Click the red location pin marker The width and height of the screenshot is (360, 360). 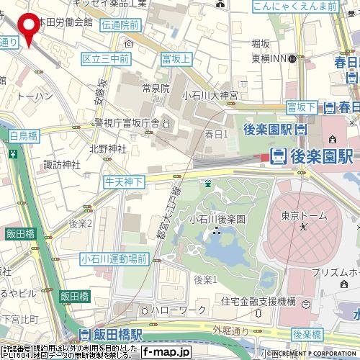(29, 28)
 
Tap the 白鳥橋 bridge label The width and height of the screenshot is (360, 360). (24, 135)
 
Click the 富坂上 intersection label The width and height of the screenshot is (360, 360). (176, 58)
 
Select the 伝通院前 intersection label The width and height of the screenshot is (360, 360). (121, 24)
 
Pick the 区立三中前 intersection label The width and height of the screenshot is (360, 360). (106, 58)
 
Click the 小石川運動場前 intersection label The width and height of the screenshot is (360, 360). (114, 258)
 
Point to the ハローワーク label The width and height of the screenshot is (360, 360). (173, 310)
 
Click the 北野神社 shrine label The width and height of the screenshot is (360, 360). (107, 148)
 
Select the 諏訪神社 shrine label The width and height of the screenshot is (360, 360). (62, 165)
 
